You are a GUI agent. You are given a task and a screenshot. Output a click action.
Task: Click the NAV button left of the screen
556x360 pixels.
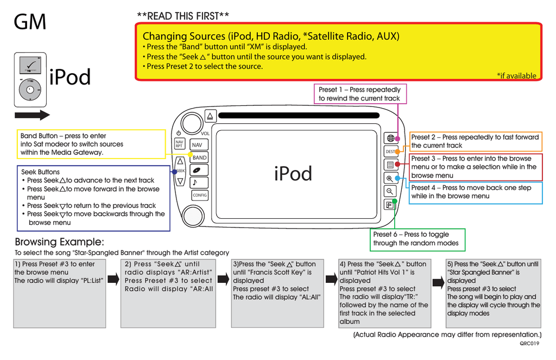(197, 145)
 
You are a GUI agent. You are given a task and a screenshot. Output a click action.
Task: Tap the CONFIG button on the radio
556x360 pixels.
(199, 195)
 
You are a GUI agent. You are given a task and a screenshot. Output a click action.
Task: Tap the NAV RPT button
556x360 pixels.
(179, 143)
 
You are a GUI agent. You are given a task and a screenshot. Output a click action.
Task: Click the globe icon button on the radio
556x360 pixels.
(390, 138)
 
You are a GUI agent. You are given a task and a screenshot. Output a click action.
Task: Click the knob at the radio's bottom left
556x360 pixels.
(193, 216)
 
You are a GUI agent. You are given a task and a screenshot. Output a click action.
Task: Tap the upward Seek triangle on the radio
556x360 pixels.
(180, 161)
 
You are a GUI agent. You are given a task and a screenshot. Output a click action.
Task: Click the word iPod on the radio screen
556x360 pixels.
(293, 174)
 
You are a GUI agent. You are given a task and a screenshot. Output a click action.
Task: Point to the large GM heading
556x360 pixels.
(30, 22)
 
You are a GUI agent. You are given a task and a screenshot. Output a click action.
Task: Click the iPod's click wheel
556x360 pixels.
(30, 90)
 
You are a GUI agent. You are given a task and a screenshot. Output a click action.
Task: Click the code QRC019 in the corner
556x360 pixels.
(529, 343)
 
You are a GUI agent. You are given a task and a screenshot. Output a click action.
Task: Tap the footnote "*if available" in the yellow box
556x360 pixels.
(516, 76)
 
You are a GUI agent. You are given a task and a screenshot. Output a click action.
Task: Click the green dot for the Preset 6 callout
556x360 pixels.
(395, 201)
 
